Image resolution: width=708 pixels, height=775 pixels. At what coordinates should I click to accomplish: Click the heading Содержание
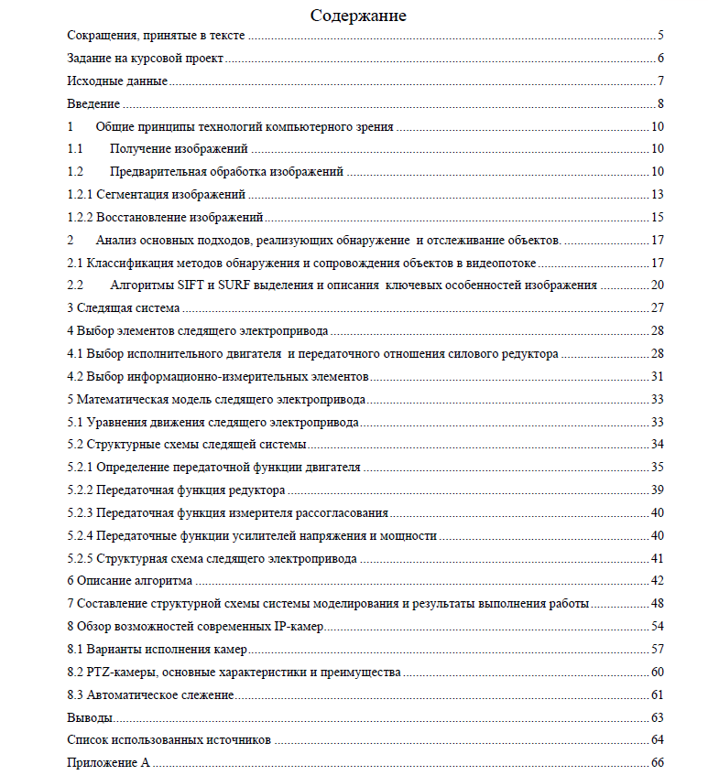pos(358,16)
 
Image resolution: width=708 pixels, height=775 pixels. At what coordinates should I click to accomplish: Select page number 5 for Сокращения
pos(659,36)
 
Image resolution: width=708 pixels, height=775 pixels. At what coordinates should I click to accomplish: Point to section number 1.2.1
pos(81,195)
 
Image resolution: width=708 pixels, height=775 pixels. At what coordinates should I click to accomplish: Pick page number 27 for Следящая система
pos(657,308)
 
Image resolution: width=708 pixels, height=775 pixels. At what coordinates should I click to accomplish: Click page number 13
pos(657,195)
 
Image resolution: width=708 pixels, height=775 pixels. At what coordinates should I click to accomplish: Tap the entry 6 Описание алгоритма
pos(130,581)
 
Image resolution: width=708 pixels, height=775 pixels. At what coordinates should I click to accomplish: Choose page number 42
pos(657,581)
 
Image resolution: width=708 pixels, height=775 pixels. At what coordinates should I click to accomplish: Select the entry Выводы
pos(91,717)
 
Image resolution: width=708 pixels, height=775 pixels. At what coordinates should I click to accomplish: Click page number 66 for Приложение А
pos(657,763)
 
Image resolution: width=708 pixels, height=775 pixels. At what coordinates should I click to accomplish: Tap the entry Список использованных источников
pos(169,740)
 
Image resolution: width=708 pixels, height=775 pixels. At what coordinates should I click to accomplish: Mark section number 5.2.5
pos(81,558)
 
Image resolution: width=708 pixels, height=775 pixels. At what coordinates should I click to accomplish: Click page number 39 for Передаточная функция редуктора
pos(657,490)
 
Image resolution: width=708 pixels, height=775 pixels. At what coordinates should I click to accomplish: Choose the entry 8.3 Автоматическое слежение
pos(151,695)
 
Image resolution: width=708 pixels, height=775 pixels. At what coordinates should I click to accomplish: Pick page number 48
pos(657,604)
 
